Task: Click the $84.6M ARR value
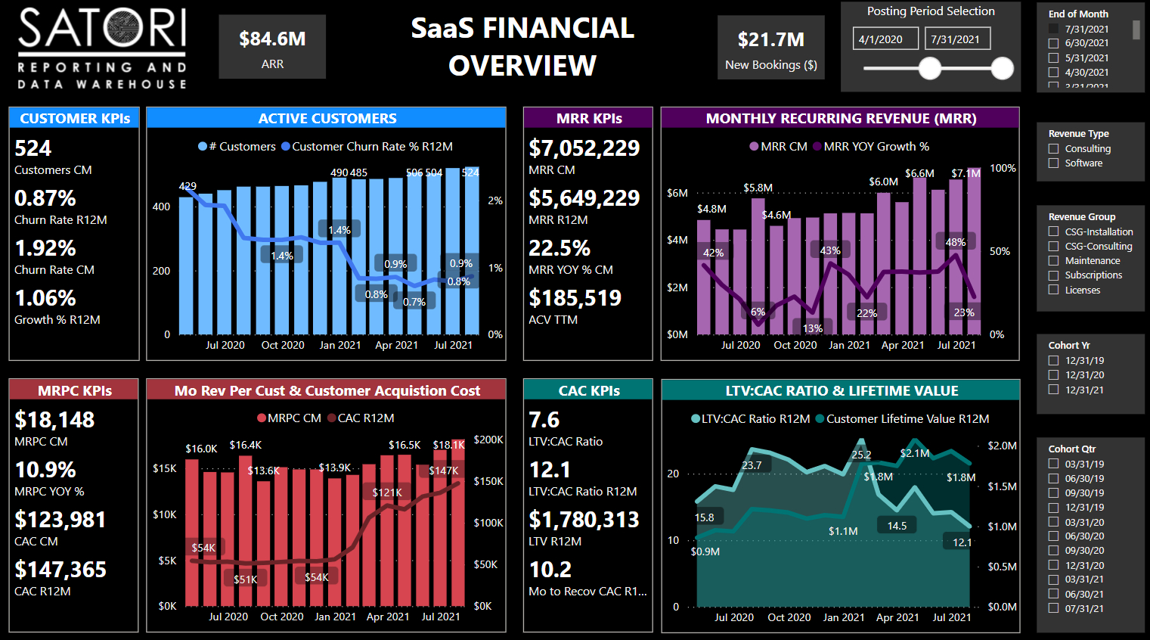[272, 39]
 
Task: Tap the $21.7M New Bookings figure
[770, 39]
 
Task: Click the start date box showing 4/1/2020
[885, 39]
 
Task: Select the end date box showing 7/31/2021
[957, 39]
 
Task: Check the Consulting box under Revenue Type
[1053, 149]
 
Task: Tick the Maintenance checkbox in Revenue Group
[1053, 261]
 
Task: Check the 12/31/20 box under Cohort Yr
[1053, 375]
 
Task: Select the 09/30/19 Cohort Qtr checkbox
[1053, 493]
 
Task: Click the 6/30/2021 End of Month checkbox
[1053, 44]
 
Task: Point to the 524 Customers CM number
[33, 148]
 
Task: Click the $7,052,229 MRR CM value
[584, 148]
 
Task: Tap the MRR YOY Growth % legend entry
[871, 147]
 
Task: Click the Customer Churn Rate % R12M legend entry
[367, 147]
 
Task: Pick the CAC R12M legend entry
[361, 418]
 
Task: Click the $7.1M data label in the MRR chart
[966, 173]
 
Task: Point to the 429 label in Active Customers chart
[188, 186]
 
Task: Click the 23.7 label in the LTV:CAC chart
[752, 465]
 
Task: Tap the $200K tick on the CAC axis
[488, 440]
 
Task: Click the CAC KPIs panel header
[588, 390]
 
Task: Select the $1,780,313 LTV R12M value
[584, 520]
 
